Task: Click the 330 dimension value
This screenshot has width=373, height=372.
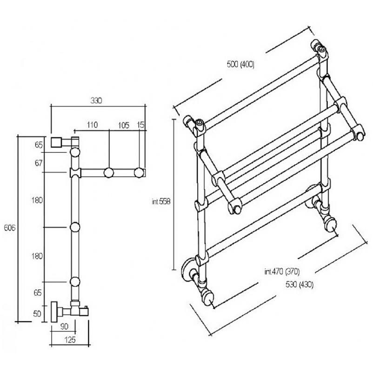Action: [x=96, y=101]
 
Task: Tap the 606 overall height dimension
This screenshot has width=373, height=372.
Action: [x=9, y=228]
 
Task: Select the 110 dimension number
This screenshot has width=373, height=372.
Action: [x=92, y=125]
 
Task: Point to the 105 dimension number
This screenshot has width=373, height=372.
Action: [x=124, y=126]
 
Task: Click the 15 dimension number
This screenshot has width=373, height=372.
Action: [x=140, y=125]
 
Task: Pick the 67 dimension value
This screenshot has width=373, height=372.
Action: [x=38, y=163]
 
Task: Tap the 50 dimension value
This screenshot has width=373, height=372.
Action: [x=37, y=314]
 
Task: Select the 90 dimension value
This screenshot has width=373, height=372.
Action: [x=64, y=326]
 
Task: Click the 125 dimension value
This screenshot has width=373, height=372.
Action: [x=70, y=340]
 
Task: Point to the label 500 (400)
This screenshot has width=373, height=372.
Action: [x=240, y=65]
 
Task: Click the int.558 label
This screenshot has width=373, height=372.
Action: [x=161, y=202]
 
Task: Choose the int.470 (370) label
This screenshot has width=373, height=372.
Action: [x=282, y=272]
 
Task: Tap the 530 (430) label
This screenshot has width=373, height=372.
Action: [x=300, y=285]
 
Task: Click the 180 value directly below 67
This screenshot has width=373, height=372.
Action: [x=37, y=200]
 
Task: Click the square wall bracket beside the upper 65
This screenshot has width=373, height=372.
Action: [x=56, y=143]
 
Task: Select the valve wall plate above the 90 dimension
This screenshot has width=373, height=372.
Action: [x=54, y=312]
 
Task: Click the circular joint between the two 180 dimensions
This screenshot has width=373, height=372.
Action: [x=75, y=227]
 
